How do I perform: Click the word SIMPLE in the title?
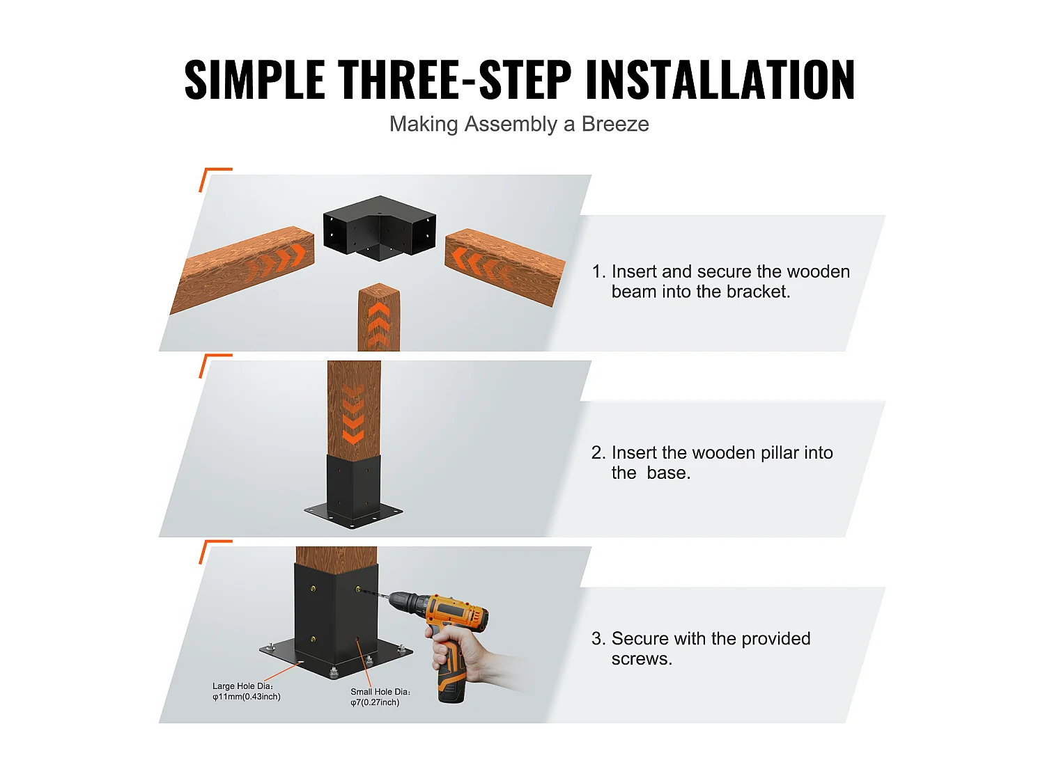tap(254, 80)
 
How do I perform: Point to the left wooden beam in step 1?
tap(244, 268)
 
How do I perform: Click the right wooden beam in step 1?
tap(504, 267)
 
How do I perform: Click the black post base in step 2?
tap(354, 491)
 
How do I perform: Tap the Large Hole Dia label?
tap(246, 691)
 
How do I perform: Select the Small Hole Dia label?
tap(380, 697)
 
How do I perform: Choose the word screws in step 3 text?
tap(641, 658)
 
